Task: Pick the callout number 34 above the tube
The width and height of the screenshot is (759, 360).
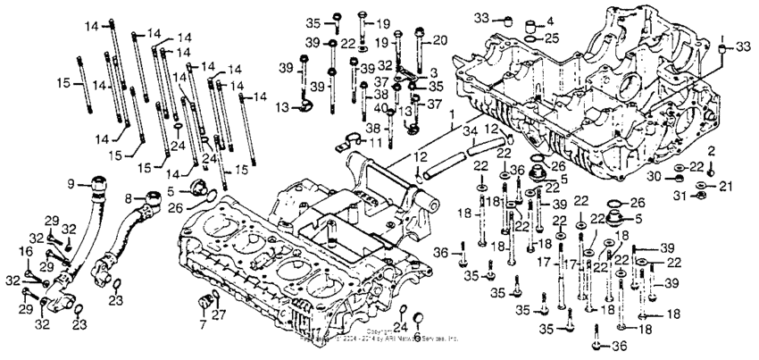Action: pyautogui.click(x=468, y=132)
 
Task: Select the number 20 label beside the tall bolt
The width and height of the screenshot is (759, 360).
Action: pyautogui.click(x=439, y=40)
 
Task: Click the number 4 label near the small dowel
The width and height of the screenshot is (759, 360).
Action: pyautogui.click(x=550, y=20)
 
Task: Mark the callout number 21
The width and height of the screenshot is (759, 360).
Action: pyautogui.click(x=725, y=185)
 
